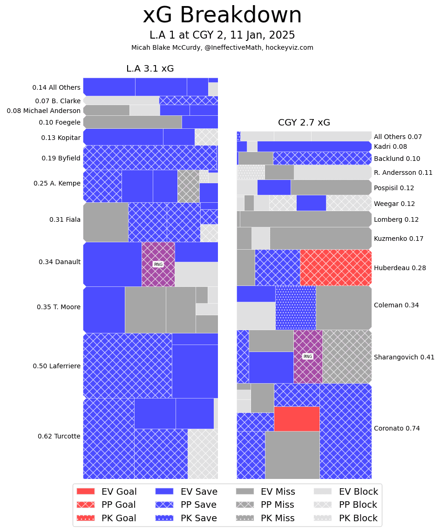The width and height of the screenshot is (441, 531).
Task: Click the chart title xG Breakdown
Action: pyautogui.click(x=222, y=15)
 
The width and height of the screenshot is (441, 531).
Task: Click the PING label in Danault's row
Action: pyautogui.click(x=158, y=264)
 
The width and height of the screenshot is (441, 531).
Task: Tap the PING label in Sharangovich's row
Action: pyautogui.click(x=308, y=356)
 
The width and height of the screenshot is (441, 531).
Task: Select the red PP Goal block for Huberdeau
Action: pyautogui.click(x=335, y=267)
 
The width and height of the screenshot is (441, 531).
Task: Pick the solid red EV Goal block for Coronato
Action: pyautogui.click(x=297, y=418)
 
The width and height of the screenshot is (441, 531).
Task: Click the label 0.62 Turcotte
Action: pyautogui.click(x=59, y=436)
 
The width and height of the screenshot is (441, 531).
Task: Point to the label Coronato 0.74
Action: pyautogui.click(x=397, y=428)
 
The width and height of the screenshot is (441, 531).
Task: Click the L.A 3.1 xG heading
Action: pyautogui.click(x=150, y=69)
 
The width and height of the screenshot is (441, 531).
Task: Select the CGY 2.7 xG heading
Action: pyautogui.click(x=304, y=123)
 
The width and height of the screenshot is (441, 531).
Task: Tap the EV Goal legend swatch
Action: pyautogui.click(x=86, y=491)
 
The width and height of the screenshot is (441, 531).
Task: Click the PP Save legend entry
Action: pyautogui.click(x=189, y=504)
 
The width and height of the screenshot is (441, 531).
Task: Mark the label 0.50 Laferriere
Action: pyautogui.click(x=56, y=366)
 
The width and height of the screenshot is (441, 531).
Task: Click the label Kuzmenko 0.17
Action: pyautogui.click(x=399, y=239)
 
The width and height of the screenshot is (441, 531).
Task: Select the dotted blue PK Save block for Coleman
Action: pyautogui.click(x=295, y=307)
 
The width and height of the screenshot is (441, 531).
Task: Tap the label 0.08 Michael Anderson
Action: pyautogui.click(x=43, y=111)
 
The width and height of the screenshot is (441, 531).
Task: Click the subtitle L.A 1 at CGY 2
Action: pyautogui.click(x=222, y=35)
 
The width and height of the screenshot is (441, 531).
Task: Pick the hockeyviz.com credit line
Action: pyautogui.click(x=222, y=47)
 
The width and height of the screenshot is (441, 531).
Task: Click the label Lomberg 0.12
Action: pyautogui.click(x=396, y=219)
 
